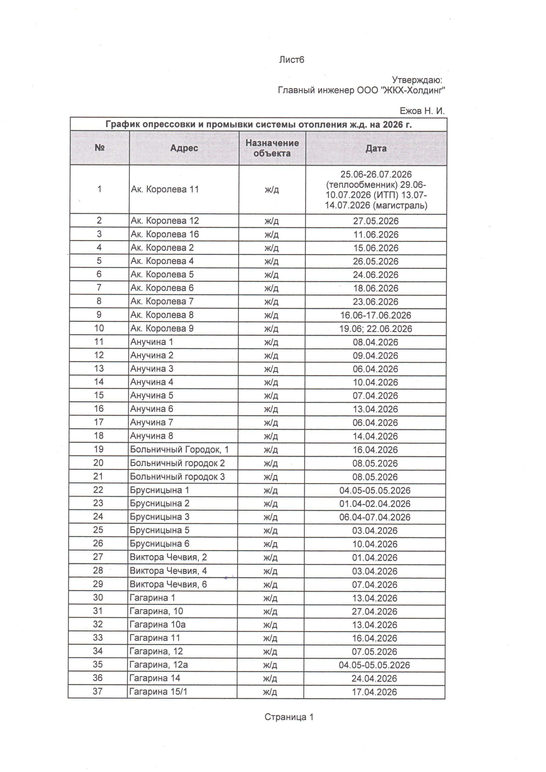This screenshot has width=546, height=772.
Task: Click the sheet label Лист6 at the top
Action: (291, 60)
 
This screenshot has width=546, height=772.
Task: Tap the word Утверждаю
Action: (417, 80)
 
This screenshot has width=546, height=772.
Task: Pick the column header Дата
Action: (376, 148)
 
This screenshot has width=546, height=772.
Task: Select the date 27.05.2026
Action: (376, 221)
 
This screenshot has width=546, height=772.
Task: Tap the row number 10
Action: (99, 328)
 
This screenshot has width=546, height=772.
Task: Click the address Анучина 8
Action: (152, 436)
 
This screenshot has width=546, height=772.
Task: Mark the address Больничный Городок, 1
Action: (179, 449)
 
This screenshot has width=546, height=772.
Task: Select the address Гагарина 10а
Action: (157, 624)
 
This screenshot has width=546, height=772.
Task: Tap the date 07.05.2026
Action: (374, 652)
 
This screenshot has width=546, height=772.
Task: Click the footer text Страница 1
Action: (289, 717)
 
